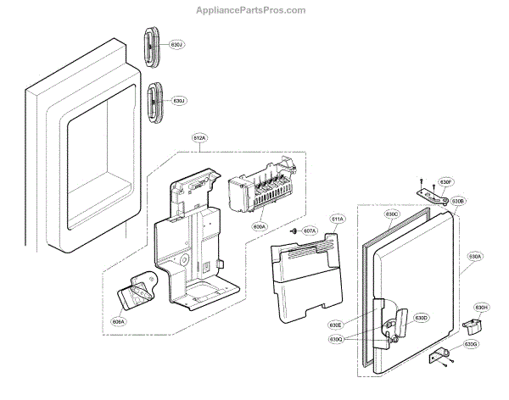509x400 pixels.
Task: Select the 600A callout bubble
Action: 259,227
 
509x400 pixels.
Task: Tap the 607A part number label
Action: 309,231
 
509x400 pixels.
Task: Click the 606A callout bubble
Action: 118,321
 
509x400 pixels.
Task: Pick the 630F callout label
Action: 446,181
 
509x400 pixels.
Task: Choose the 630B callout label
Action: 458,201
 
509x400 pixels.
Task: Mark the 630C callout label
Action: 391,214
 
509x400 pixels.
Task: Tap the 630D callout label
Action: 422,319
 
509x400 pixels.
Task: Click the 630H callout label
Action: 482,307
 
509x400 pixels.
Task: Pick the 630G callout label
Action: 472,345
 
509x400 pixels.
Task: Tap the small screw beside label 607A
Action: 293,231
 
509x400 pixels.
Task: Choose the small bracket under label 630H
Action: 472,323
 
